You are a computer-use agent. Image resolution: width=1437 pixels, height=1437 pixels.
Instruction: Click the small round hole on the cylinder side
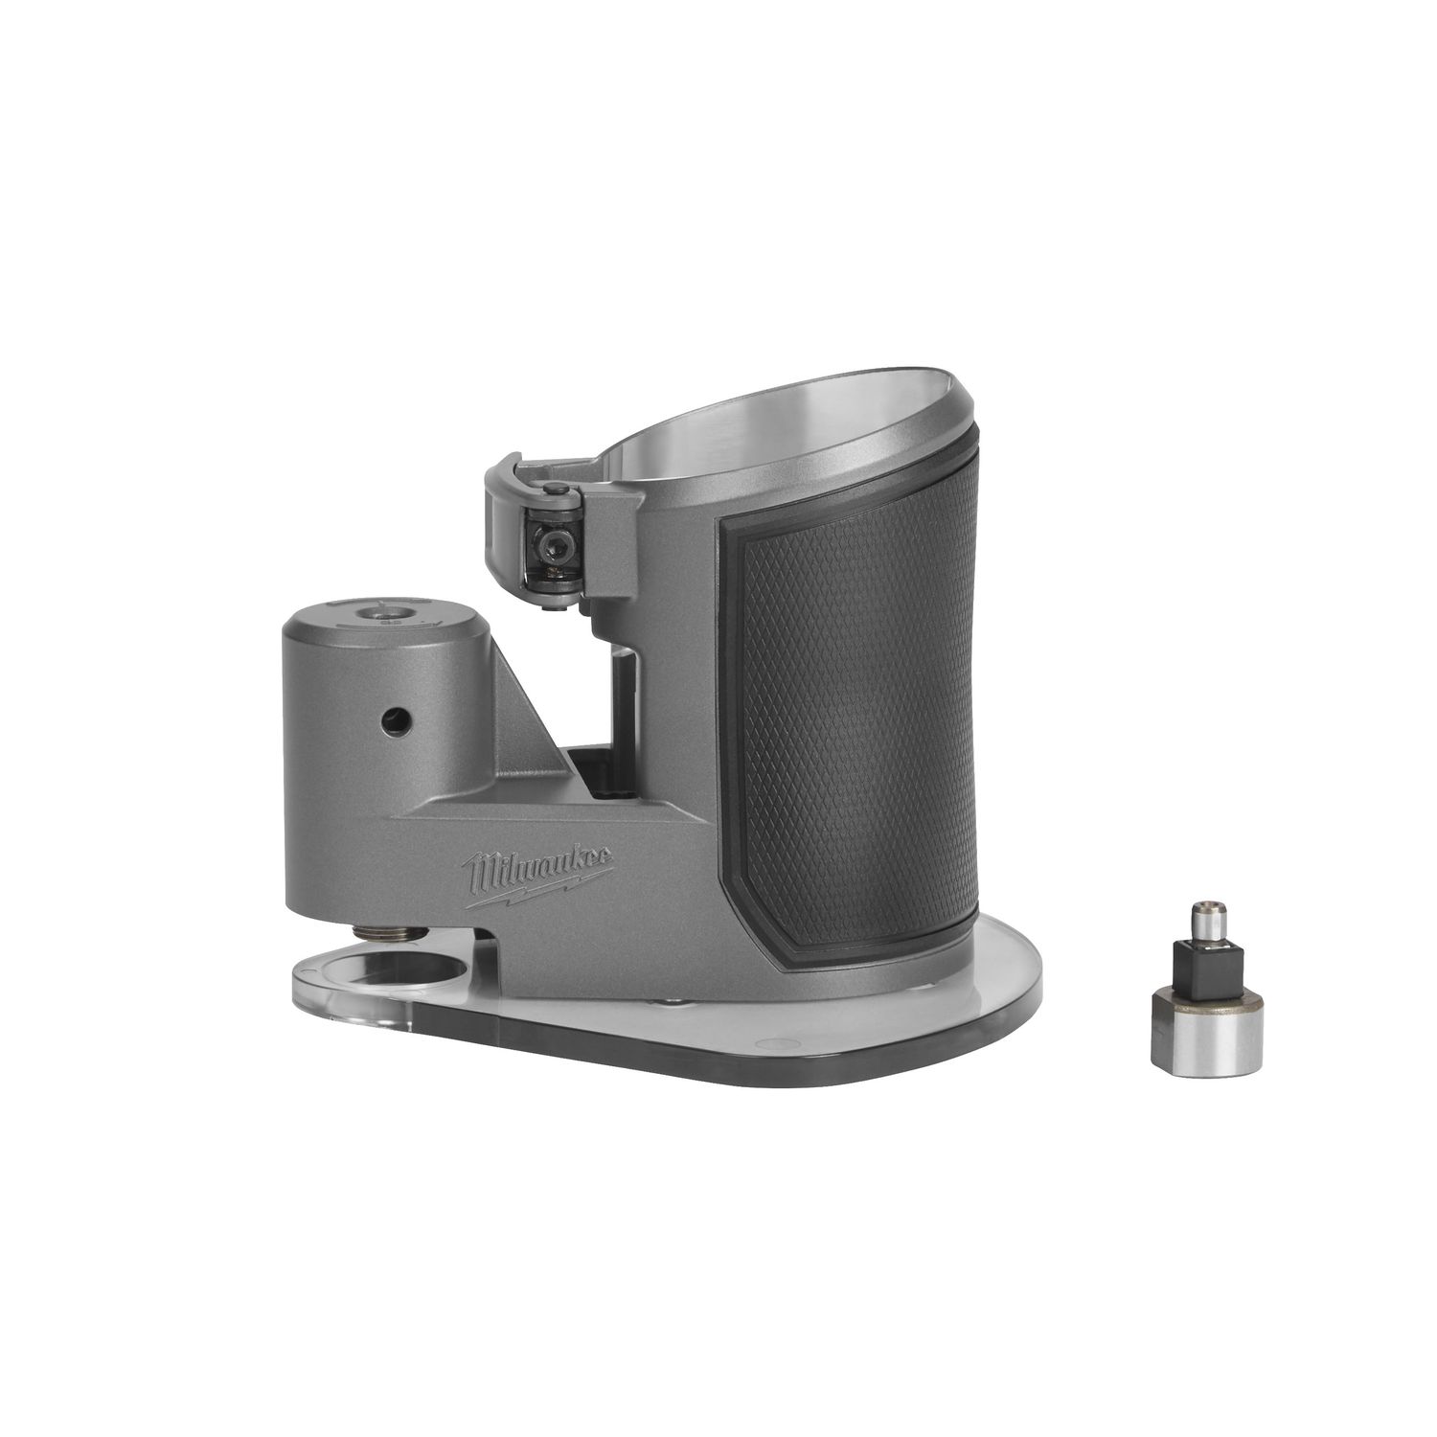[x=390, y=716]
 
